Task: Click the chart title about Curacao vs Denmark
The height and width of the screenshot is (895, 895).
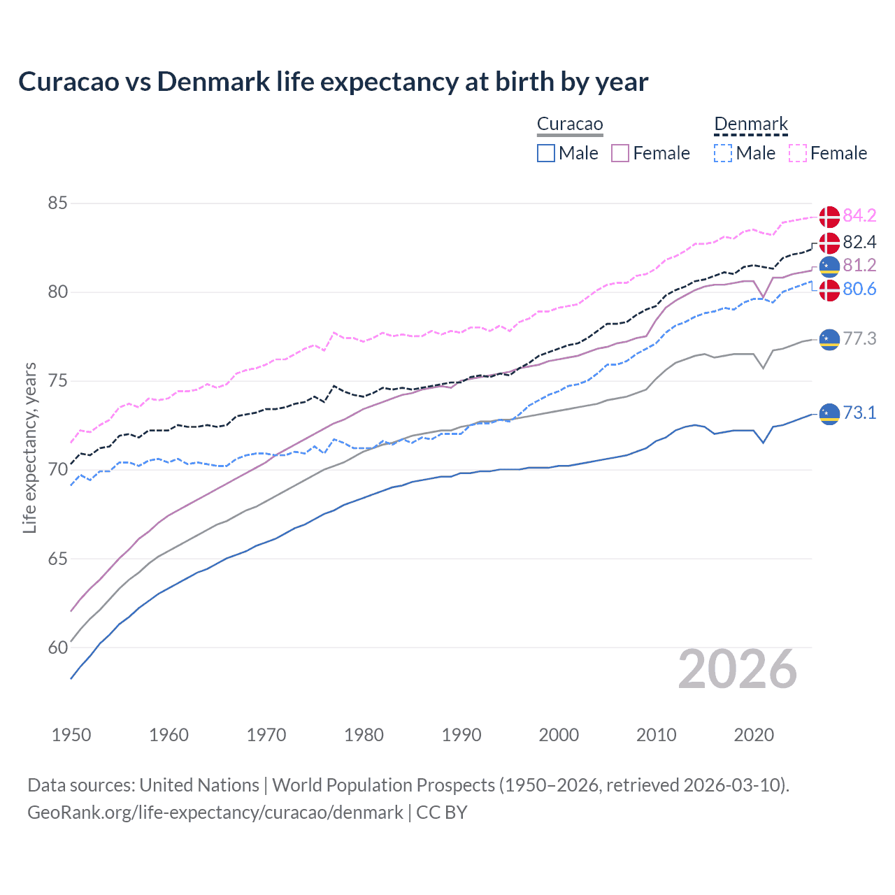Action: click(x=333, y=82)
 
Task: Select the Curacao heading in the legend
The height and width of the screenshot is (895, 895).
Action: click(x=570, y=124)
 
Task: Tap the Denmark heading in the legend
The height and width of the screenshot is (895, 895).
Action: click(x=751, y=124)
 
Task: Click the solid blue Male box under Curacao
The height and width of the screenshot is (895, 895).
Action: click(x=546, y=153)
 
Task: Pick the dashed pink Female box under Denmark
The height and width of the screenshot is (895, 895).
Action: click(x=798, y=153)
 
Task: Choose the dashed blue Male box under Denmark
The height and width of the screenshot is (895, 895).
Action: click(x=723, y=153)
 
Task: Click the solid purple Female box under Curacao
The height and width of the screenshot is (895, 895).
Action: click(x=620, y=153)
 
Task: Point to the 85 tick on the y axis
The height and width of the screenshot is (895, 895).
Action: click(x=57, y=203)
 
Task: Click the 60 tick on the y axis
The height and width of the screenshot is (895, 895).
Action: click(x=57, y=647)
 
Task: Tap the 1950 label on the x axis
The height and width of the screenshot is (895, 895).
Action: click(x=71, y=735)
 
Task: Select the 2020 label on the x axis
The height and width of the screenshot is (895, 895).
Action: click(x=754, y=735)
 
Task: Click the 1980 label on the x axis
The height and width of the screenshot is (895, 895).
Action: click(x=364, y=735)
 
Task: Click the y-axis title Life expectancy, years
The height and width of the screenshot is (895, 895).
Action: click(x=29, y=447)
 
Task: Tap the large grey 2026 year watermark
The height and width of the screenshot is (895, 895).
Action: click(x=737, y=670)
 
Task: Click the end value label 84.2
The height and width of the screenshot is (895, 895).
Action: click(x=859, y=215)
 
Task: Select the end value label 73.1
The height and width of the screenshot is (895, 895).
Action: click(x=859, y=413)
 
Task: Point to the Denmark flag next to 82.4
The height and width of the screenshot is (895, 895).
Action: click(x=829, y=243)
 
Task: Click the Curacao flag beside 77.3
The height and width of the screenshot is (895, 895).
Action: click(x=829, y=339)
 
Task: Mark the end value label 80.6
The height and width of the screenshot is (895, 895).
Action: click(x=859, y=289)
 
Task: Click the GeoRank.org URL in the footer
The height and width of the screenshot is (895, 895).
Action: click(x=215, y=812)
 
